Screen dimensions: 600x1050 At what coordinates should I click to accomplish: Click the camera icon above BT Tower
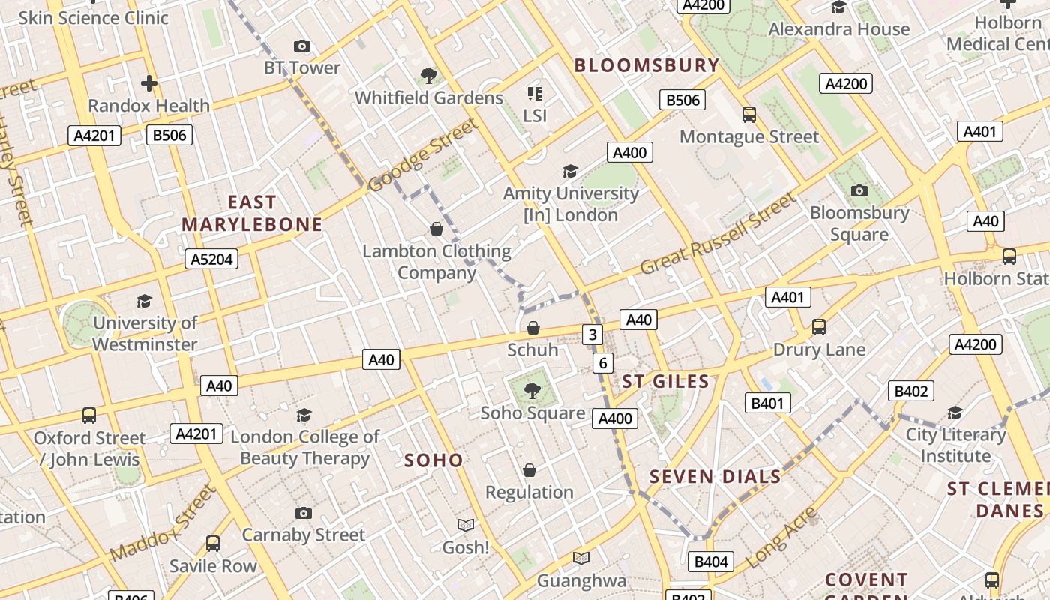tap(302, 46)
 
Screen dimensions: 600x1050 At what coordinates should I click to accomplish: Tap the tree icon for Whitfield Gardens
tap(429, 76)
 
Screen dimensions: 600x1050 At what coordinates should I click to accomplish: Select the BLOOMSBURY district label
tap(646, 65)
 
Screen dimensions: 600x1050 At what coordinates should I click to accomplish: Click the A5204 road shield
tap(211, 259)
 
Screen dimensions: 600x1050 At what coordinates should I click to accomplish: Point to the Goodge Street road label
tap(423, 155)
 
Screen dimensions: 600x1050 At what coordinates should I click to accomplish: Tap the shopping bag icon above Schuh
tap(533, 328)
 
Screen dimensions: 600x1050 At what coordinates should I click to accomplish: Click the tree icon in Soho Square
tap(532, 391)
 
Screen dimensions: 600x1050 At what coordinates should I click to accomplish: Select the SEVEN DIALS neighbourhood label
tap(715, 477)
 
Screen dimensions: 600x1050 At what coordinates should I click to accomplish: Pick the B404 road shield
tap(711, 562)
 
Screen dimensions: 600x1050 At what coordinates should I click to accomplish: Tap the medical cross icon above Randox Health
tap(149, 83)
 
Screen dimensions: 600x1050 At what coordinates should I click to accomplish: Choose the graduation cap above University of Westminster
tap(145, 301)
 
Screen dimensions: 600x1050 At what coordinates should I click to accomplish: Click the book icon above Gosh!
tap(466, 525)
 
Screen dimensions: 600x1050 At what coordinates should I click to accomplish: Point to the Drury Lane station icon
tap(819, 327)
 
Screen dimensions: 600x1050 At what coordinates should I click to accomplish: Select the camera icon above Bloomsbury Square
tap(859, 190)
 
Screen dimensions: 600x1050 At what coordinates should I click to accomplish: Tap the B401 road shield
tap(768, 403)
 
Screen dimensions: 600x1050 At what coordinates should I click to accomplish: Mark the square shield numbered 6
tap(603, 364)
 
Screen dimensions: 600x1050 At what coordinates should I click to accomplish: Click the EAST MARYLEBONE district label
tap(252, 213)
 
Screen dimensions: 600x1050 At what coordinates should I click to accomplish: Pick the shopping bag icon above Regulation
tap(529, 470)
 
